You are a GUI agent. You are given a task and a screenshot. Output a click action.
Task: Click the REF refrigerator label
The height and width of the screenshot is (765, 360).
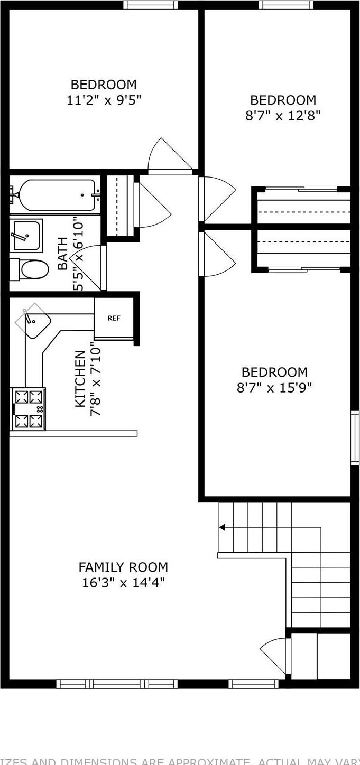tap(114, 318)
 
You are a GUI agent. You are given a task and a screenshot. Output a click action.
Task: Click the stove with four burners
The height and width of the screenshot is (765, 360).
tap(28, 408)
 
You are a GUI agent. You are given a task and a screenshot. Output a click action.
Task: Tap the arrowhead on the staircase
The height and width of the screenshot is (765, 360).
tap(222, 527)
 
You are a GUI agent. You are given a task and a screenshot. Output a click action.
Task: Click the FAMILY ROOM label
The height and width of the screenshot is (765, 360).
tap(123, 567)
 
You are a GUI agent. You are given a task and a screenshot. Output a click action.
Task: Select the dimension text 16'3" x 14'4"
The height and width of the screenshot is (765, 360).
tap(123, 583)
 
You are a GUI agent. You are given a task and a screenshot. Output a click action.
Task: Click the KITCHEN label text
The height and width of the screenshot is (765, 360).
tap(80, 379)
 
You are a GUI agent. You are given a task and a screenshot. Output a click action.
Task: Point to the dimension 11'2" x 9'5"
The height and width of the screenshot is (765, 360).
tap(104, 100)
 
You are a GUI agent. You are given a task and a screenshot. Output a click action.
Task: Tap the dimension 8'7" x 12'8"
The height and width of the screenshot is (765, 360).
tap(283, 115)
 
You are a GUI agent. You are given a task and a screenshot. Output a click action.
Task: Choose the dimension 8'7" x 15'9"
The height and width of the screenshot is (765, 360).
tap(274, 388)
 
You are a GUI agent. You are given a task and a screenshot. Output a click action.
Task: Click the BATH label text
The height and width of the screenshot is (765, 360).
tap(62, 254)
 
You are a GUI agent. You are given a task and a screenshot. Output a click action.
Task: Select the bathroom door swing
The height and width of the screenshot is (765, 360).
tap(90, 267)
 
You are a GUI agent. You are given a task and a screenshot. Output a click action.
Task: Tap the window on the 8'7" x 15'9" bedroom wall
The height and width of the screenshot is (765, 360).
tap(355, 438)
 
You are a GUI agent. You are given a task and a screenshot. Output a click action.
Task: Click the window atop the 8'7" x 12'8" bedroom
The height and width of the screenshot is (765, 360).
tap(285, 5)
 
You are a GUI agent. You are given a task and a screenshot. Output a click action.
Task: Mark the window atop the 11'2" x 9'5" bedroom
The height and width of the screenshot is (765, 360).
tap(150, 5)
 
